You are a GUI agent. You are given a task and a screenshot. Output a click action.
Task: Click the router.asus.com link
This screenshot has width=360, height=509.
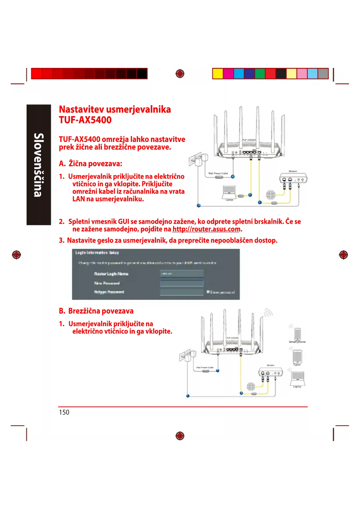tap(206, 229)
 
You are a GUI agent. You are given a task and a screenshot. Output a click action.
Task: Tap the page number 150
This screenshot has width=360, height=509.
tap(64, 412)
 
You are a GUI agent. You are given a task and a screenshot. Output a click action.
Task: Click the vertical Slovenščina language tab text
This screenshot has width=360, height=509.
tap(39, 165)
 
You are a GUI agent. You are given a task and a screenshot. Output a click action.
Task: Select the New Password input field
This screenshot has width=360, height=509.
tap(182, 283)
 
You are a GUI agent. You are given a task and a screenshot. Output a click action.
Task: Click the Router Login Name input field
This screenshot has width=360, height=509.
tap(182, 274)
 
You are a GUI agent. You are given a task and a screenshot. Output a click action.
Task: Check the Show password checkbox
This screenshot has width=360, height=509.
tap(208, 292)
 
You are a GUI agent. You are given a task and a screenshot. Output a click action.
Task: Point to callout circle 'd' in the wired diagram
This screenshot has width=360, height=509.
tap(199, 205)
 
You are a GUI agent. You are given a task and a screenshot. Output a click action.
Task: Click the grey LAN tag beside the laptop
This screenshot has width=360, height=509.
tap(241, 196)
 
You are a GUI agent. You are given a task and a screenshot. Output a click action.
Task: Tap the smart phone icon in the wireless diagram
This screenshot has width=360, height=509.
tap(297, 334)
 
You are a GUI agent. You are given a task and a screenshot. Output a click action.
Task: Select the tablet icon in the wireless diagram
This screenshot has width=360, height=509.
tap(297, 356)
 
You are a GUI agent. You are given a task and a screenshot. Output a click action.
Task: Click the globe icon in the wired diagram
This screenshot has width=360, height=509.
tap(271, 194)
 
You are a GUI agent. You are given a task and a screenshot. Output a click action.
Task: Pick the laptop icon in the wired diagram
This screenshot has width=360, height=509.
tap(229, 192)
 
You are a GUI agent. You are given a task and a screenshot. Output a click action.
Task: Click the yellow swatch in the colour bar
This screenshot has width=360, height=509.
tap(218, 74)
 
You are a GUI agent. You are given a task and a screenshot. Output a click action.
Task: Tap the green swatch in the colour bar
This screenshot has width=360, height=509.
tap(260, 74)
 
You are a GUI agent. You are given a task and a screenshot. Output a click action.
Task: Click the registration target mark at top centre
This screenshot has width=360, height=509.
tap(180, 74)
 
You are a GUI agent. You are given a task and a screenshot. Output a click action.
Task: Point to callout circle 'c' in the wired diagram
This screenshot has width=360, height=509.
tap(260, 202)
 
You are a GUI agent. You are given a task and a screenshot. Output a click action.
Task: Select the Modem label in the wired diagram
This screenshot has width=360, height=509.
tap(293, 171)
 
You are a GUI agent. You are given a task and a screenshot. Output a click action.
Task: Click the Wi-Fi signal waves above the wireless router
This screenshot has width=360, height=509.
tap(268, 313)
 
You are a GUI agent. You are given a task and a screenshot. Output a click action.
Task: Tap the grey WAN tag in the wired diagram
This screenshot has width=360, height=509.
tap(274, 203)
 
